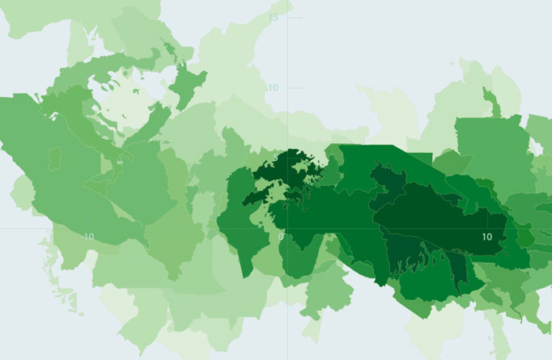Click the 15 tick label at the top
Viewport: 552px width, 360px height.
[274, 18]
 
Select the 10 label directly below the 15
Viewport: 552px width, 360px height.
[274, 87]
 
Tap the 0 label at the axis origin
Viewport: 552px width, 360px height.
[281, 236]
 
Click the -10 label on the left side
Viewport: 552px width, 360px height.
[88, 236]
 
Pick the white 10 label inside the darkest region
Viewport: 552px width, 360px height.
[486, 236]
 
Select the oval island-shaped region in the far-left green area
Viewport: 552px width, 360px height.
[55, 159]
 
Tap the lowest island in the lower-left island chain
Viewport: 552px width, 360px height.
[78, 308]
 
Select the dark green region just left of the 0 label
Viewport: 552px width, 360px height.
[243, 235]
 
